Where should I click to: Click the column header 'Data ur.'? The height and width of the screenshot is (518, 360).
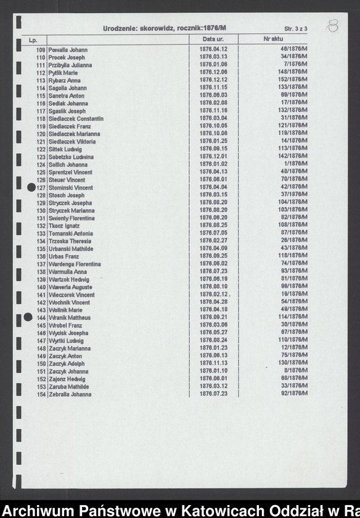pyautogui.click(x=212, y=39)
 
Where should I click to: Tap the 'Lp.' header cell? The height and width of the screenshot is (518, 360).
pyautogui.click(x=33, y=40)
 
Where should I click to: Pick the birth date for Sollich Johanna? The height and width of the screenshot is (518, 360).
pyautogui.click(x=213, y=165)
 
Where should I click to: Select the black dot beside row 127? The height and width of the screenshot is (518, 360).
pyautogui.click(x=32, y=187)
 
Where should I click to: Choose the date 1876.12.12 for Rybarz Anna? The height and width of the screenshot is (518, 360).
pyautogui.click(x=213, y=80)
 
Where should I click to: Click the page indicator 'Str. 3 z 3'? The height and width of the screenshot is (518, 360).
pyautogui.click(x=296, y=29)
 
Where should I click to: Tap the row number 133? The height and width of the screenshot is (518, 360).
pyautogui.click(x=41, y=234)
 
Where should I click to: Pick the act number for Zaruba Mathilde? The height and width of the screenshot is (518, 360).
pyautogui.click(x=294, y=387)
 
